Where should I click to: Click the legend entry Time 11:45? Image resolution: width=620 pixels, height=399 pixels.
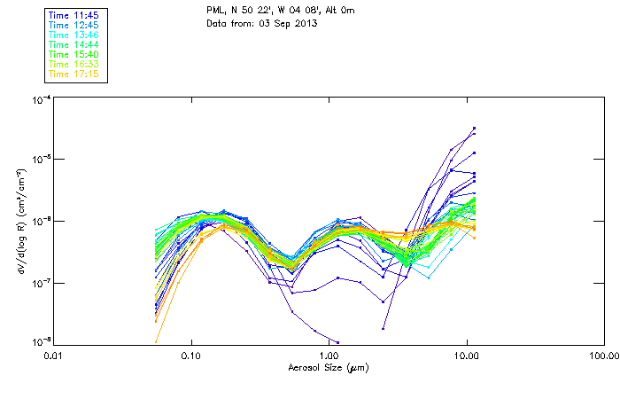(74, 15)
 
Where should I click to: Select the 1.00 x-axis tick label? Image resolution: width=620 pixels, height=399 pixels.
(329, 356)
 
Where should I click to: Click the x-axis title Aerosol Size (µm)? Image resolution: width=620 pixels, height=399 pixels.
(328, 367)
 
